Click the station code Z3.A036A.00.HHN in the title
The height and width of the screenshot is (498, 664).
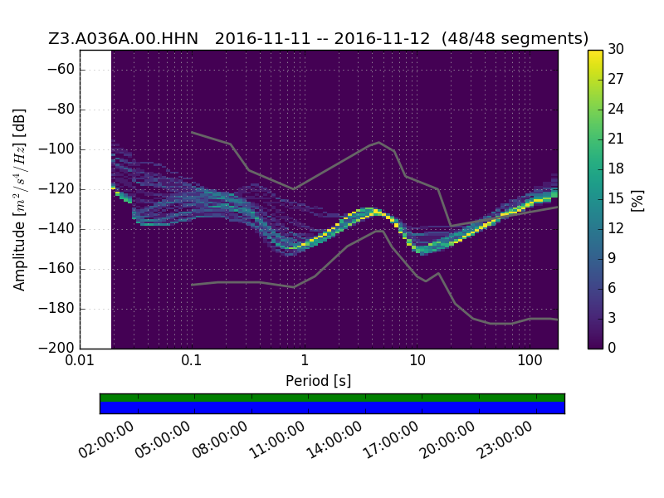[x=123, y=38]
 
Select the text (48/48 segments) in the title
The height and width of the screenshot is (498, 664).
[x=515, y=38]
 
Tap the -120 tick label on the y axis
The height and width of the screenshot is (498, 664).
[x=56, y=189]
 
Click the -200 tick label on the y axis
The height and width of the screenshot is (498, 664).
[x=56, y=348]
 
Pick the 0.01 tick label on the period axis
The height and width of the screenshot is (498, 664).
[x=80, y=360]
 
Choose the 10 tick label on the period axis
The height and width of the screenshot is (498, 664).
[x=417, y=360]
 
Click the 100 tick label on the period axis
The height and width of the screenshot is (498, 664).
[x=530, y=360]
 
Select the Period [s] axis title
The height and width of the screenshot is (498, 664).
[x=319, y=381]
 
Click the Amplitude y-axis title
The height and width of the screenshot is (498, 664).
[x=19, y=199]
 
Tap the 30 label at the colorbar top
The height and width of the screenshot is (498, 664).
[x=616, y=49]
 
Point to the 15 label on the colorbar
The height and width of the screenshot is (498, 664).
[x=616, y=198]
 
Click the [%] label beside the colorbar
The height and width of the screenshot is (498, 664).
[x=637, y=201]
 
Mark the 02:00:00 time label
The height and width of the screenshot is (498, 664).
[x=106, y=440]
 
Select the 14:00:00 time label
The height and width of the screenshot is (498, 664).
[x=334, y=440]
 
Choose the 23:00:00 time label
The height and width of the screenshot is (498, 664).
[x=505, y=440]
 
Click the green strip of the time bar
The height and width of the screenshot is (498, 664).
[x=333, y=398]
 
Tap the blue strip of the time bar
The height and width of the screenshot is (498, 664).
[x=333, y=408]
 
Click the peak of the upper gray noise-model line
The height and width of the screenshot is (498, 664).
[x=379, y=142]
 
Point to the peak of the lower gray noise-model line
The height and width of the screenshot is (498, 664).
[x=380, y=231]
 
